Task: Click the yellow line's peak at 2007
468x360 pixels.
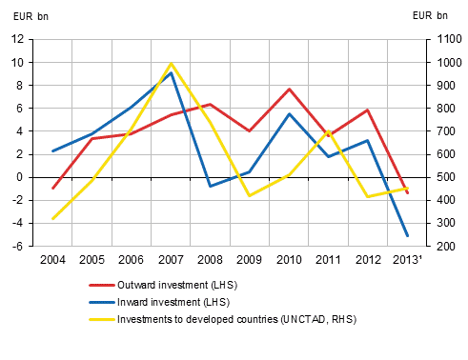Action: click(x=171, y=64)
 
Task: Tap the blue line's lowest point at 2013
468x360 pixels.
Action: click(x=408, y=235)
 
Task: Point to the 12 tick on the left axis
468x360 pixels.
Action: click(x=18, y=39)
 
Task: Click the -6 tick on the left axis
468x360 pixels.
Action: click(x=18, y=246)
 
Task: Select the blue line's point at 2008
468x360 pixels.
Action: click(x=211, y=186)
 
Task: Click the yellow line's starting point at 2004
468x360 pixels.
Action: click(x=52, y=219)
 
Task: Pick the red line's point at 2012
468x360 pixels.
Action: click(x=368, y=110)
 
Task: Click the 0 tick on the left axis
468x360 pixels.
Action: click(x=21, y=177)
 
